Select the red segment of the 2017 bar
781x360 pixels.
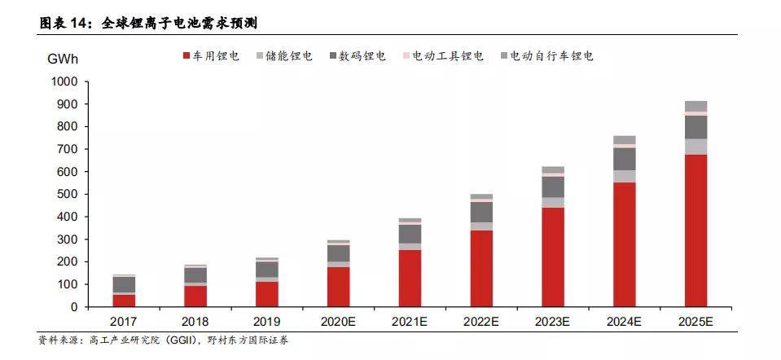tap(124, 301)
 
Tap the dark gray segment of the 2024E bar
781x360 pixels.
tap(624, 159)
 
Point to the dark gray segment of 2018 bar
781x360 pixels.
tap(195, 275)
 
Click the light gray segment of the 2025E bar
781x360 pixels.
tap(695, 147)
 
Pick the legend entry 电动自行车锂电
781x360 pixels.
tap(546, 56)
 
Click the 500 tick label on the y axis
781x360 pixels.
tap(68, 195)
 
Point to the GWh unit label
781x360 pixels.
tap(64, 59)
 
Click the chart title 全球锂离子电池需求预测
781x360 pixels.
tap(179, 24)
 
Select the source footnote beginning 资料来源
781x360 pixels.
tap(163, 340)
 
